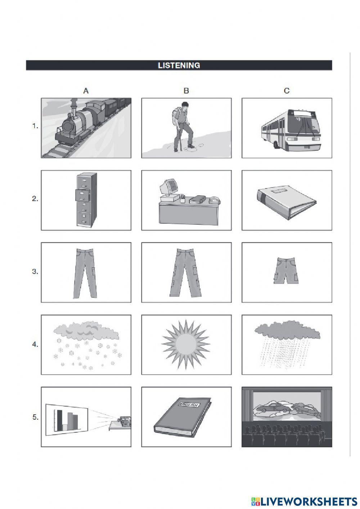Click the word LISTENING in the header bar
click(x=179, y=66)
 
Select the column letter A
click(x=86, y=91)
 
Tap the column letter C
click(x=287, y=91)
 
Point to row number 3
click(x=35, y=272)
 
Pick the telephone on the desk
click(x=215, y=200)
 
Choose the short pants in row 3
click(x=286, y=271)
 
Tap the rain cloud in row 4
click(x=287, y=330)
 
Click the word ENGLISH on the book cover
click(x=189, y=405)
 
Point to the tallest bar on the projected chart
click(x=59, y=420)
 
